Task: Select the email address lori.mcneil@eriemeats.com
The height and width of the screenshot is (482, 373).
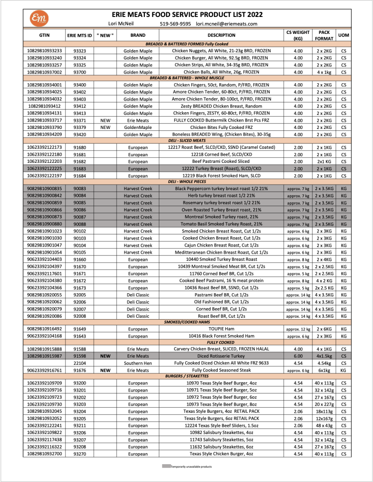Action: point(227,24)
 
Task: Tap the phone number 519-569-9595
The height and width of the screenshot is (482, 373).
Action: point(175,24)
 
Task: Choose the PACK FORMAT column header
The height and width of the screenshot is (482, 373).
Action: point(324,36)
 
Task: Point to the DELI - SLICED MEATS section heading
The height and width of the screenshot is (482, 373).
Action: point(186,140)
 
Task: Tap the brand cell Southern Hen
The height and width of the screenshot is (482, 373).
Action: point(138,363)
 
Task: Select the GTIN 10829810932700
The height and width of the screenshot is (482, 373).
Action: point(44,454)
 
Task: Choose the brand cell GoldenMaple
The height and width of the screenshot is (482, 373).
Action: point(138,127)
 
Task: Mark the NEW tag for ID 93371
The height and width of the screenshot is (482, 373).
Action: point(105,120)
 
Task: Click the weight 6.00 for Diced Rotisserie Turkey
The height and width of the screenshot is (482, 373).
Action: point(298,356)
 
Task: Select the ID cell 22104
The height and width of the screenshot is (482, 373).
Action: point(80,363)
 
